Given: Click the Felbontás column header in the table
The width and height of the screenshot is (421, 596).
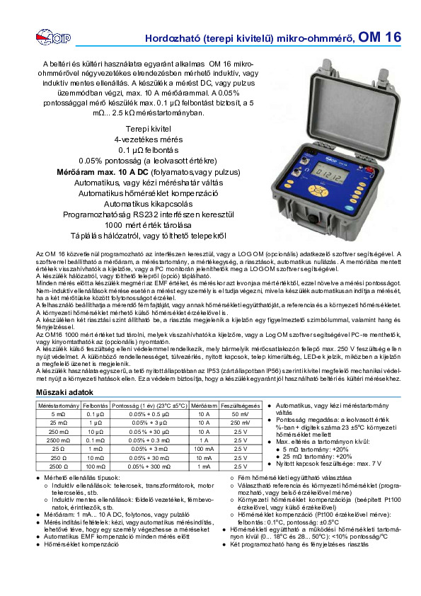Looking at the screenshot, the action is coord(95,405).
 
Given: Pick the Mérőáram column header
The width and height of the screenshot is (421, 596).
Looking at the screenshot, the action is coord(204,405).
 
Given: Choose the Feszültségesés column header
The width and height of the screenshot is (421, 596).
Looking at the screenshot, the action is coord(240,405).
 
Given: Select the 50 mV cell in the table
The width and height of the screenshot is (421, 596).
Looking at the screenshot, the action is coord(240,413).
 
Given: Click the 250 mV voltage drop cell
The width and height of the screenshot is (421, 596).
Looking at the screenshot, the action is coord(240,423).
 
